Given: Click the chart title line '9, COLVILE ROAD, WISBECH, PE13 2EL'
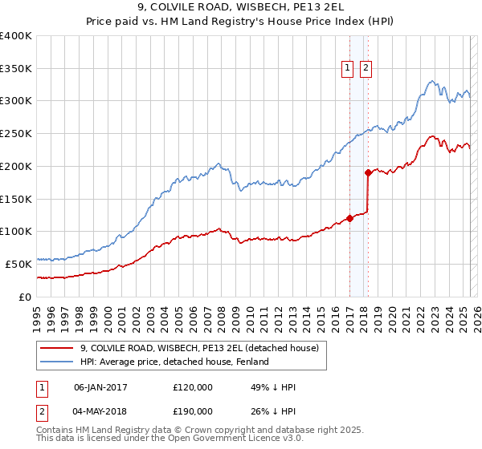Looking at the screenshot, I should pyautogui.click(x=240, y=7).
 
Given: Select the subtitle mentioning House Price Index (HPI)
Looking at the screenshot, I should pyautogui.click(x=240, y=22).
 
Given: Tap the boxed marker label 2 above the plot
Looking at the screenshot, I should pyautogui.click(x=366, y=69).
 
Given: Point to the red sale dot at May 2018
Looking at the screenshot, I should pyautogui.click(x=368, y=172).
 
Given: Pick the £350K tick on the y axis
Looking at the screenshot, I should pyautogui.click(x=16, y=68).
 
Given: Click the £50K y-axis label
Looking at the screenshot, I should pyautogui.click(x=18, y=264).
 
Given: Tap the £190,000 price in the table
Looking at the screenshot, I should pyautogui.click(x=192, y=411).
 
